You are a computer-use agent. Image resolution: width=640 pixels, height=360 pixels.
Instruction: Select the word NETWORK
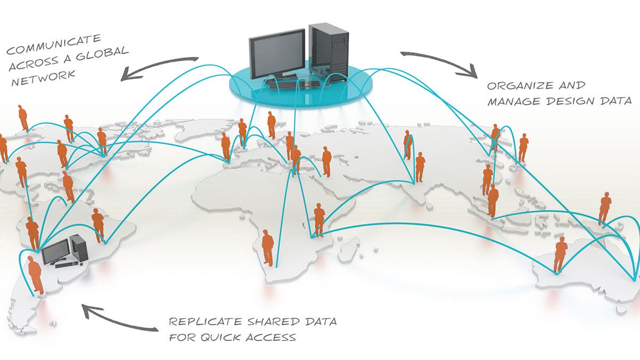point(43,77)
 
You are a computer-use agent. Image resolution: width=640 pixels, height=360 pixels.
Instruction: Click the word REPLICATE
point(205,322)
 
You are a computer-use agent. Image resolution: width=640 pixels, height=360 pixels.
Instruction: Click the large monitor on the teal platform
point(277,54)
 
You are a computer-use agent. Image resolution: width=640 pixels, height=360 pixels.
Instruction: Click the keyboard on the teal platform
point(294,84)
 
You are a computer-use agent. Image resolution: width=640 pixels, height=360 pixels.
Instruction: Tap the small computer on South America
point(65,251)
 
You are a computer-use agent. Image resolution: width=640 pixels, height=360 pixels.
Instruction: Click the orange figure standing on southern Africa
point(268,247)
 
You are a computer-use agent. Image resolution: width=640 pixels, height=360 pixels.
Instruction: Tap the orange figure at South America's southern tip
point(35,275)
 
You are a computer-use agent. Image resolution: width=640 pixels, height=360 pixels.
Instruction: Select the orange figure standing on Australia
point(561,254)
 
